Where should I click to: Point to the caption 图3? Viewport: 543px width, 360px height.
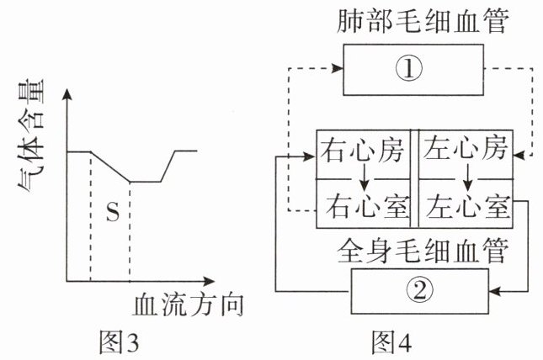117,341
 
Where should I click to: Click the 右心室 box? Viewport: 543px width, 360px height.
364,204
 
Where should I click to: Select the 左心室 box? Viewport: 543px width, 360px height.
466,204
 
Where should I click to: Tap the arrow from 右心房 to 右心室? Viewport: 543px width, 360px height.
364,179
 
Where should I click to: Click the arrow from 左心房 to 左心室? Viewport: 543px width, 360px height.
466,179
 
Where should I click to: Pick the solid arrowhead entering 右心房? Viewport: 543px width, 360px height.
311,156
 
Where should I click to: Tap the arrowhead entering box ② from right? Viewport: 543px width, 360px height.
495,291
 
